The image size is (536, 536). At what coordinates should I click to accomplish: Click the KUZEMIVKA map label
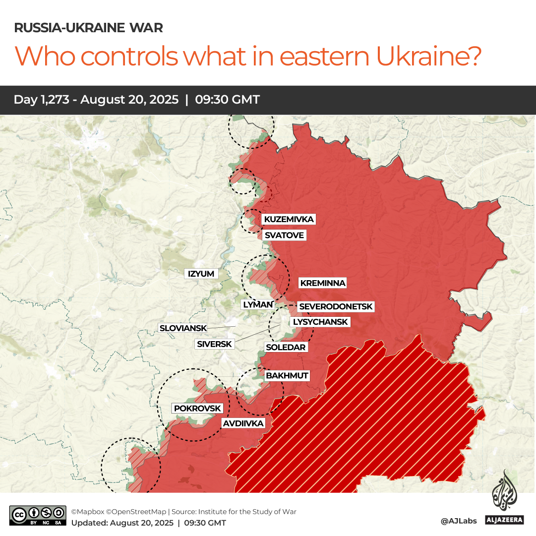pyautogui.click(x=289, y=219)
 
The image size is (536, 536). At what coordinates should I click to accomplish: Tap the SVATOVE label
pyautogui.click(x=284, y=235)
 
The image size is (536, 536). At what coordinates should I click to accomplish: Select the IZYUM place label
pyautogui.click(x=201, y=274)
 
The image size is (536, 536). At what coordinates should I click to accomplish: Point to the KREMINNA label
pyautogui.click(x=322, y=283)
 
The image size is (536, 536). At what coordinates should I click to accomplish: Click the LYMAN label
pyautogui.click(x=258, y=304)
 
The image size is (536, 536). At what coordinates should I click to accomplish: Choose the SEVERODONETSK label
pyautogui.click(x=336, y=307)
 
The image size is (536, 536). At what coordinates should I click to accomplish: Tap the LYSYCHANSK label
pyautogui.click(x=320, y=322)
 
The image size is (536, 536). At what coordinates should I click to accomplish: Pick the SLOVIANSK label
pyautogui.click(x=182, y=328)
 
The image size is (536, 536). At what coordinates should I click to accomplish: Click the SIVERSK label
pyautogui.click(x=214, y=344)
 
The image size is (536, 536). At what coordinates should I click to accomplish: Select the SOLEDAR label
pyautogui.click(x=286, y=347)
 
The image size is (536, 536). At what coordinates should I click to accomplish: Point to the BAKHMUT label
pyautogui.click(x=287, y=375)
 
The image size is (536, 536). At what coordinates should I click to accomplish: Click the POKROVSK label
pyautogui.click(x=197, y=408)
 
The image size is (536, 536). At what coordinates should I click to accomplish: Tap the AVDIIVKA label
pyautogui.click(x=243, y=423)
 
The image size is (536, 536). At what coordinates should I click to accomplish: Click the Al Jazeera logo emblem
pyautogui.click(x=503, y=491)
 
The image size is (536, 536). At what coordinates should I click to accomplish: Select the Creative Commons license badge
pyautogui.click(x=38, y=516)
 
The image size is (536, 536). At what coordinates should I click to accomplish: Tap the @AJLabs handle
pyautogui.click(x=458, y=521)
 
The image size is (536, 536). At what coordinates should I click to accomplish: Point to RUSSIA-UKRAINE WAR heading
pyautogui.click(x=88, y=28)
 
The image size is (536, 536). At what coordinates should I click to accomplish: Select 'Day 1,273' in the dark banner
pyautogui.click(x=44, y=100)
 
